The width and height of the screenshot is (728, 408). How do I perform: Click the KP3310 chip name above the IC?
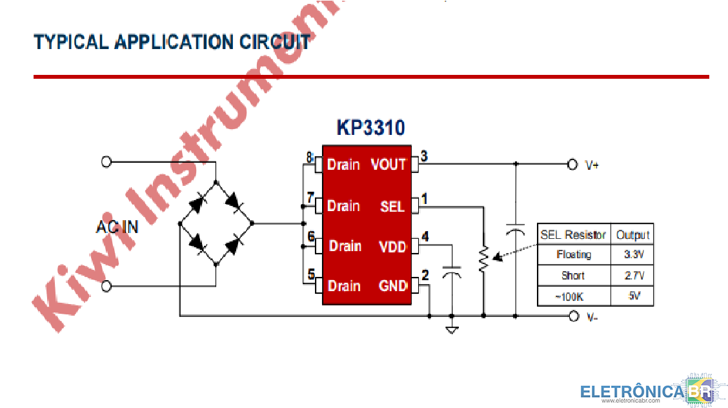[370, 127]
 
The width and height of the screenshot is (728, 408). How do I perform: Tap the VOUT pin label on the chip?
[388, 165]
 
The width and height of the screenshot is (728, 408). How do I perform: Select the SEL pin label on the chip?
[392, 206]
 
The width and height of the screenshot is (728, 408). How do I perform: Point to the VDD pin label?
[392, 246]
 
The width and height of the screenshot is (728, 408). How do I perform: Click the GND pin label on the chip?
[392, 285]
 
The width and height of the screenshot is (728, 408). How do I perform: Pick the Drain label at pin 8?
[343, 165]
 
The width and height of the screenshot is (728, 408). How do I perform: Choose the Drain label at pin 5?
[343, 285]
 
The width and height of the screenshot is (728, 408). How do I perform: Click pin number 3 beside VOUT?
[423, 156]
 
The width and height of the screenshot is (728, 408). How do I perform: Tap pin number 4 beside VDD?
[425, 236]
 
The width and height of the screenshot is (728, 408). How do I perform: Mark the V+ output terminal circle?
[571, 164]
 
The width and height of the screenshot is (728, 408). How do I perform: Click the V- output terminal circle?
[573, 316]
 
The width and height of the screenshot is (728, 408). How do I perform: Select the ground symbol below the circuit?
[452, 330]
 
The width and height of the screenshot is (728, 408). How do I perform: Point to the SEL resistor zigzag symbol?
[482, 258]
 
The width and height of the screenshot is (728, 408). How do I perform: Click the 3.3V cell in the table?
[634, 254]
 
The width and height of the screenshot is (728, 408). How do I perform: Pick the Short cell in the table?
[572, 276]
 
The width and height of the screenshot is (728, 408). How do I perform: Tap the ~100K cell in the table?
[572, 296]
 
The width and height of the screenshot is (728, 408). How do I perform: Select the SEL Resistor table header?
[572, 234]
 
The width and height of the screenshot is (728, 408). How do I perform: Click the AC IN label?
[117, 227]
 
